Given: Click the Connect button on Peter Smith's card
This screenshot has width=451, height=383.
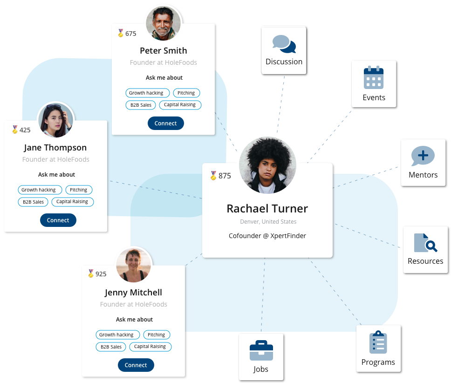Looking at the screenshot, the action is [x=166, y=123].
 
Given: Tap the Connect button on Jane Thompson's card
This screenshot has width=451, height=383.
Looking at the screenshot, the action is [x=58, y=220].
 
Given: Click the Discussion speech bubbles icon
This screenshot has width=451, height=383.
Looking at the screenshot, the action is [x=284, y=44].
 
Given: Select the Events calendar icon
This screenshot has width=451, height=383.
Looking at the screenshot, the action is [x=374, y=77].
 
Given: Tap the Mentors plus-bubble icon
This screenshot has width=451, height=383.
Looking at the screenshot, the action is [x=423, y=156].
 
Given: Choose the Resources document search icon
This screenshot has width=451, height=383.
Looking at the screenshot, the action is [x=425, y=243].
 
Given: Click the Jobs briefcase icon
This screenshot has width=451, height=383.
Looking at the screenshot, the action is [x=261, y=350].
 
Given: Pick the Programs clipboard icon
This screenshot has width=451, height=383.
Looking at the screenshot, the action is [x=378, y=342].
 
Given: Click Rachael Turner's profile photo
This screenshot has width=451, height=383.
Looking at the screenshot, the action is [x=267, y=165].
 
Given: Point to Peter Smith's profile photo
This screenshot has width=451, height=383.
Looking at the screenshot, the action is [x=164, y=23].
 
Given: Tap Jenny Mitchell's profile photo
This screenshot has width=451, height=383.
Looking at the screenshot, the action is [x=133, y=265].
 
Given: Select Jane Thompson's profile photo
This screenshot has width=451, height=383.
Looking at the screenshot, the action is [x=55, y=120].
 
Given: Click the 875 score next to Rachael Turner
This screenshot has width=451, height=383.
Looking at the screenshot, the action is [x=225, y=176].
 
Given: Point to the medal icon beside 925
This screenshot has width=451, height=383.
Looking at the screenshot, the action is [x=91, y=273].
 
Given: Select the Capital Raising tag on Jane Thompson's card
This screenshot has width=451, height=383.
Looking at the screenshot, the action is [x=73, y=202].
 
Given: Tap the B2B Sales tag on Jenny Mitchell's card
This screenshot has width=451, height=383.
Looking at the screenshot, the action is [x=111, y=347].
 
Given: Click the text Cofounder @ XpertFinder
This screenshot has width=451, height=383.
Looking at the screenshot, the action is [x=267, y=236].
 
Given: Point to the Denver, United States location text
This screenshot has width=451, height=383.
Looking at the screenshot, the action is [x=268, y=221].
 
